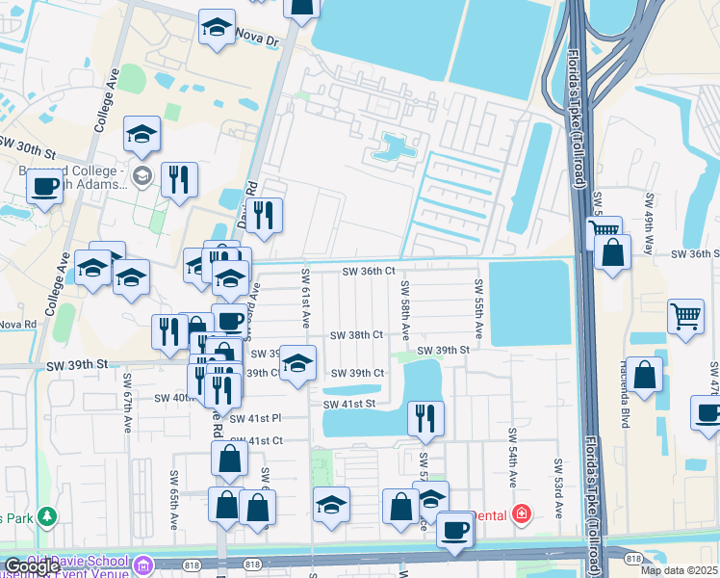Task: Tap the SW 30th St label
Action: coord(29,146)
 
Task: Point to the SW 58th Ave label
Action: coord(405,308)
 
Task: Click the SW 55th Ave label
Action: coord(477,304)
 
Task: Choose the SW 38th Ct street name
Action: coord(357,335)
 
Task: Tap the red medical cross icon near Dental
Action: coord(521,515)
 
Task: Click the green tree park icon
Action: coord(45,518)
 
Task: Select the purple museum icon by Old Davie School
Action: coord(143,564)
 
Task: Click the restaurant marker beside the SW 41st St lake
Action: coord(424,417)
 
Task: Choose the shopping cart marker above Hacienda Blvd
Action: coord(684,315)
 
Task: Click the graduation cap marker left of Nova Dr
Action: coord(218,27)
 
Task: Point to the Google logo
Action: coord(33,566)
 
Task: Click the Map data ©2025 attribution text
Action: coord(678,570)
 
